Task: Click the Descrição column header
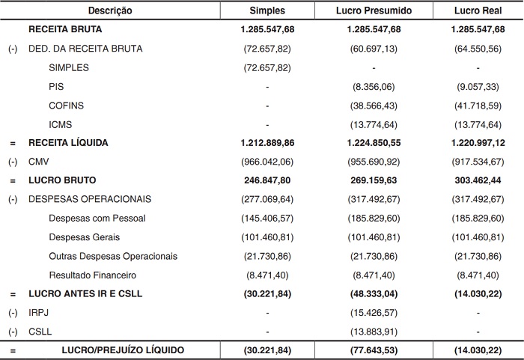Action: click(x=110, y=10)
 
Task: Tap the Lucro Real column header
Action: click(x=478, y=10)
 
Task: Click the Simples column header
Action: click(x=267, y=10)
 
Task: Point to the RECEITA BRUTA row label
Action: click(x=65, y=30)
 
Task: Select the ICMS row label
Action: click(x=60, y=124)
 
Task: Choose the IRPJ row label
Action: click(x=38, y=312)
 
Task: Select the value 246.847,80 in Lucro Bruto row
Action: click(x=268, y=180)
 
